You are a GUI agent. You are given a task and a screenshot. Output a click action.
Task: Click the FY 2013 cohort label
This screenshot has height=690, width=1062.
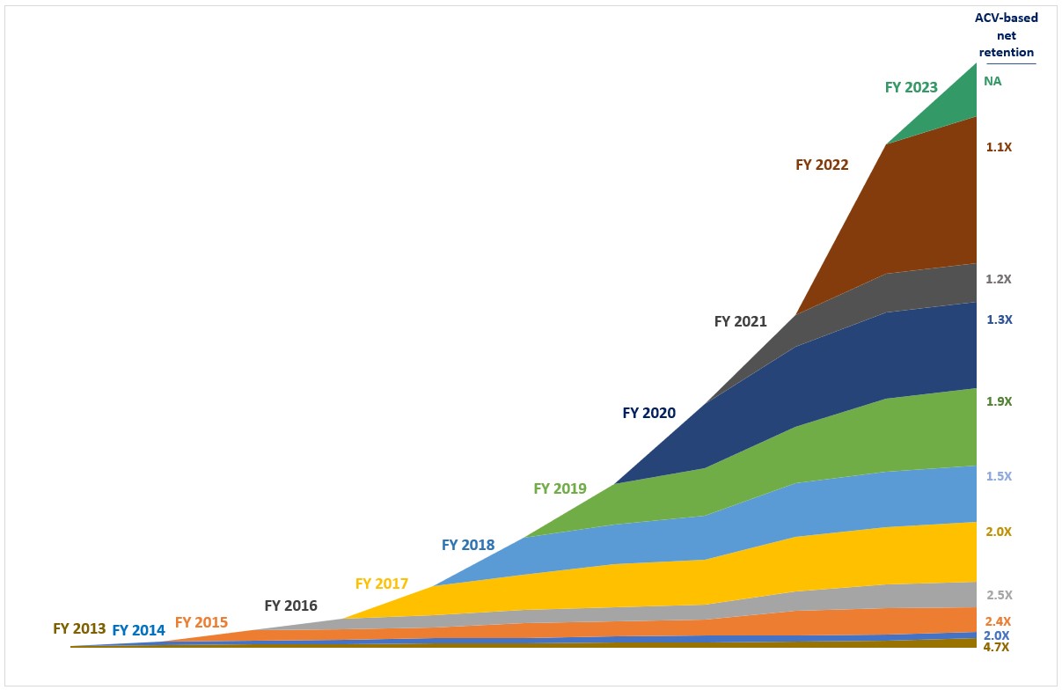click(79, 629)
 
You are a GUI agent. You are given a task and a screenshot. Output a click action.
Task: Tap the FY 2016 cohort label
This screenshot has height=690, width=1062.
click(290, 606)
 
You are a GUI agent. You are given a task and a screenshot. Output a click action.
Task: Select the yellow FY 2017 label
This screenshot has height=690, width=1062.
click(382, 584)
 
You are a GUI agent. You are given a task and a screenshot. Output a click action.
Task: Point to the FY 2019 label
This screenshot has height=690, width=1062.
click(560, 488)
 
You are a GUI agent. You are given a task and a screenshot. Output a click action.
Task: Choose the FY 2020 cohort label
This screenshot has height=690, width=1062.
click(649, 413)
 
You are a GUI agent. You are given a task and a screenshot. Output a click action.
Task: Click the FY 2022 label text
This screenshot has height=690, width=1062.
click(822, 165)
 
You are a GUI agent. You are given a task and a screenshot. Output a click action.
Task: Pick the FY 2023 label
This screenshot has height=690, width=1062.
click(911, 87)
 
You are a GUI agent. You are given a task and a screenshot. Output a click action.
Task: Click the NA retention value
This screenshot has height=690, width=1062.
click(992, 81)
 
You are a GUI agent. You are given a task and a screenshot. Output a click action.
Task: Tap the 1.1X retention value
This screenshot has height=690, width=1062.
click(1000, 148)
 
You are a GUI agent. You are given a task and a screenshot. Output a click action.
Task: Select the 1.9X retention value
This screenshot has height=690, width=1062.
click(1000, 401)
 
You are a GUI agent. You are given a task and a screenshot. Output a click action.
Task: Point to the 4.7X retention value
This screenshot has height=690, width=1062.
click(996, 647)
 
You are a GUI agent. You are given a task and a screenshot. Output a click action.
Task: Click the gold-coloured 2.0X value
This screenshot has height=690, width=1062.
click(1000, 532)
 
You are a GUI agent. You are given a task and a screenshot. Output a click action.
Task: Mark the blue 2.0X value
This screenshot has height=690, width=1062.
click(996, 635)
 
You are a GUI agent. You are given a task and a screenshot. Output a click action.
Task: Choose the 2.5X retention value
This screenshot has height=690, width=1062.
click(1000, 595)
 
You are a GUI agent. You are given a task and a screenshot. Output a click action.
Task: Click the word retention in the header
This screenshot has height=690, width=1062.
click(1007, 53)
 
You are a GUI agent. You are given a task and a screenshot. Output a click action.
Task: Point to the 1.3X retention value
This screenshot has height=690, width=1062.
click(1000, 320)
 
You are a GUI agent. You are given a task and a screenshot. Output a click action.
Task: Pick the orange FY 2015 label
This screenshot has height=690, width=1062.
click(201, 623)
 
